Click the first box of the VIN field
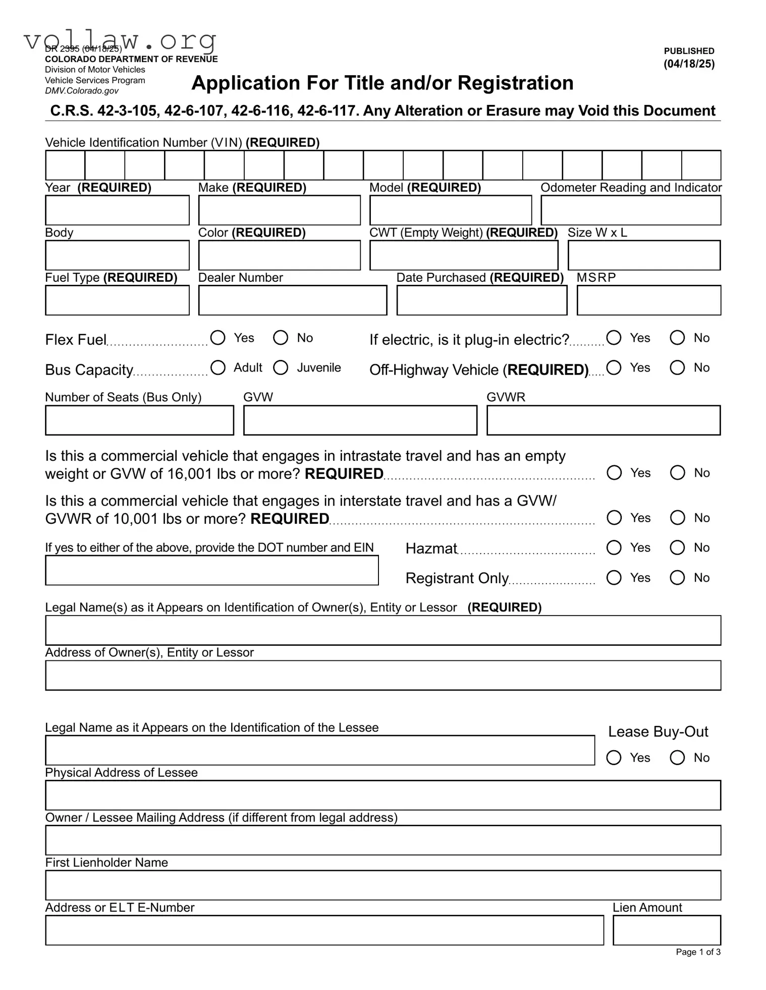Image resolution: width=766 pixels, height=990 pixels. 65,165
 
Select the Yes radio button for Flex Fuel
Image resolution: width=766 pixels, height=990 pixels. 218,337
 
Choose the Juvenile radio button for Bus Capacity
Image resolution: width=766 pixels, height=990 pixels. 281,367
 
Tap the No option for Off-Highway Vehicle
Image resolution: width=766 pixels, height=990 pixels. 677,367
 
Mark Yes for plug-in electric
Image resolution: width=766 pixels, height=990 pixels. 614,337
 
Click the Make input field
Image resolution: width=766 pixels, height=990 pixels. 280,210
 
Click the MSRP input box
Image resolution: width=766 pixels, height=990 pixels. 648,300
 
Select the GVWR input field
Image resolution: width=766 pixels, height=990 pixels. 603,420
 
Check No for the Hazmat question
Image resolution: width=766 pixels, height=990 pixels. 677,547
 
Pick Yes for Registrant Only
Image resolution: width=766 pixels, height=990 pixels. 614,577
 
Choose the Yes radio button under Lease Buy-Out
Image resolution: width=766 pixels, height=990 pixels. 614,757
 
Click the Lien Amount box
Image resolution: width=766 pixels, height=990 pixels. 666,930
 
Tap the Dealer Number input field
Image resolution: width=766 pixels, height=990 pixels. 293,300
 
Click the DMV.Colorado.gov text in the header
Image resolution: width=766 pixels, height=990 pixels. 82,91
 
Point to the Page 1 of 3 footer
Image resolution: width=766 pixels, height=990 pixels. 698,952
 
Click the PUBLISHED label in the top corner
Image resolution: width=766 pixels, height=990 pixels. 689,51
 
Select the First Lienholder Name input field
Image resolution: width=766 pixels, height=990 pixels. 382,885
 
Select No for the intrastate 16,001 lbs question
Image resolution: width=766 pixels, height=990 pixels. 677,473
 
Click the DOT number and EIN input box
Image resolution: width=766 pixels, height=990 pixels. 212,570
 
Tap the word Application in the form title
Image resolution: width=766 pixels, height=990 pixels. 238,83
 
